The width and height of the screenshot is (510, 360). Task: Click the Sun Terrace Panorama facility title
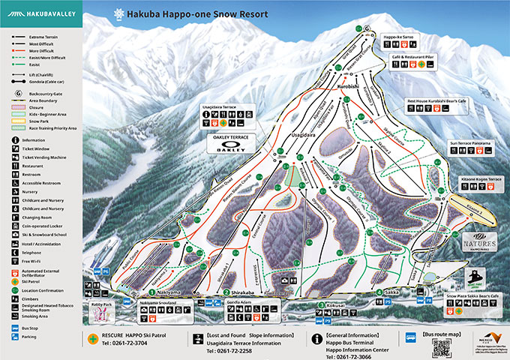tap(470, 142)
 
